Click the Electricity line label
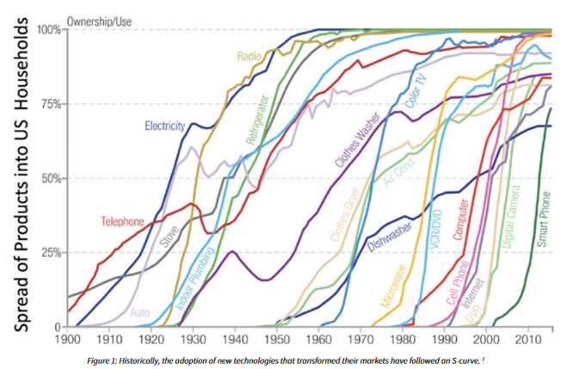[164, 126]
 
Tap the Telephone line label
[123, 222]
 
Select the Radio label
[250, 56]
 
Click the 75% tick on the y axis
[49, 104]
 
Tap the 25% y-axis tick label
[49, 253]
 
